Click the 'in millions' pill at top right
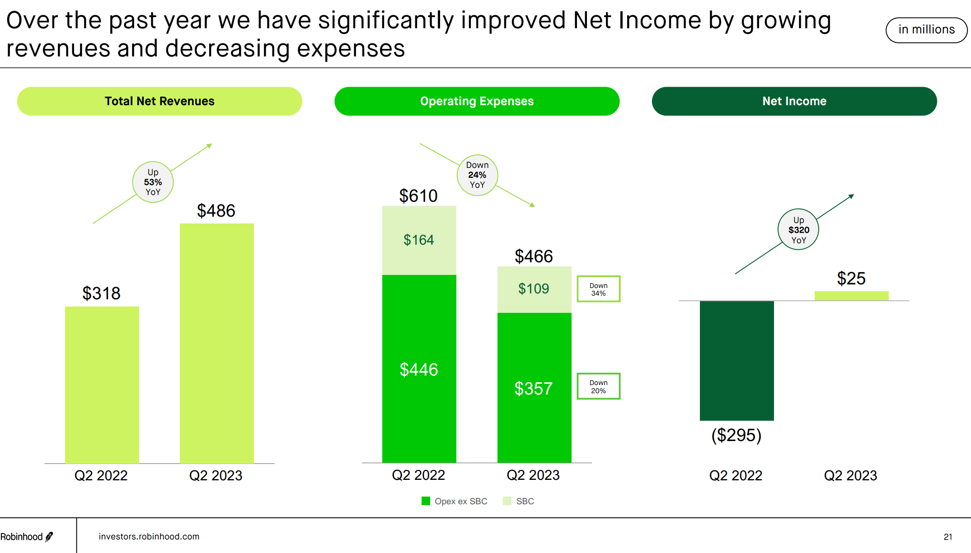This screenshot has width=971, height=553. (926, 30)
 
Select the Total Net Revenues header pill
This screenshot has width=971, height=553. (159, 101)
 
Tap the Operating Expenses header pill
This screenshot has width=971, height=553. (477, 101)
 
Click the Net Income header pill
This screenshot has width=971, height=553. (794, 101)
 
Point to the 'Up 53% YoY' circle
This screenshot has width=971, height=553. (153, 182)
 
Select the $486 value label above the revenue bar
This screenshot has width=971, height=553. (216, 211)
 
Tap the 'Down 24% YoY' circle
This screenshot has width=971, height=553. (477, 175)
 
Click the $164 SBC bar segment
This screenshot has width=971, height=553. (419, 240)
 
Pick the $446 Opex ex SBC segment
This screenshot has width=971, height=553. (419, 369)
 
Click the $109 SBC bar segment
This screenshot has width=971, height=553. (534, 289)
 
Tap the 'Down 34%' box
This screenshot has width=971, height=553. (598, 289)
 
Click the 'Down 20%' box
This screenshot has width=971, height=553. (598, 386)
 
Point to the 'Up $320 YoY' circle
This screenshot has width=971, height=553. (798, 229)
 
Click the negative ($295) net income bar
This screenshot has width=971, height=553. (736, 360)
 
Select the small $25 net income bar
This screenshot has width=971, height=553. (851, 296)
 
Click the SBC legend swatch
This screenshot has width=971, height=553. (507, 501)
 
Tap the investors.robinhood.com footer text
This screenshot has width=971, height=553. (149, 536)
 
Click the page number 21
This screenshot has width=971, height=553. (948, 537)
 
